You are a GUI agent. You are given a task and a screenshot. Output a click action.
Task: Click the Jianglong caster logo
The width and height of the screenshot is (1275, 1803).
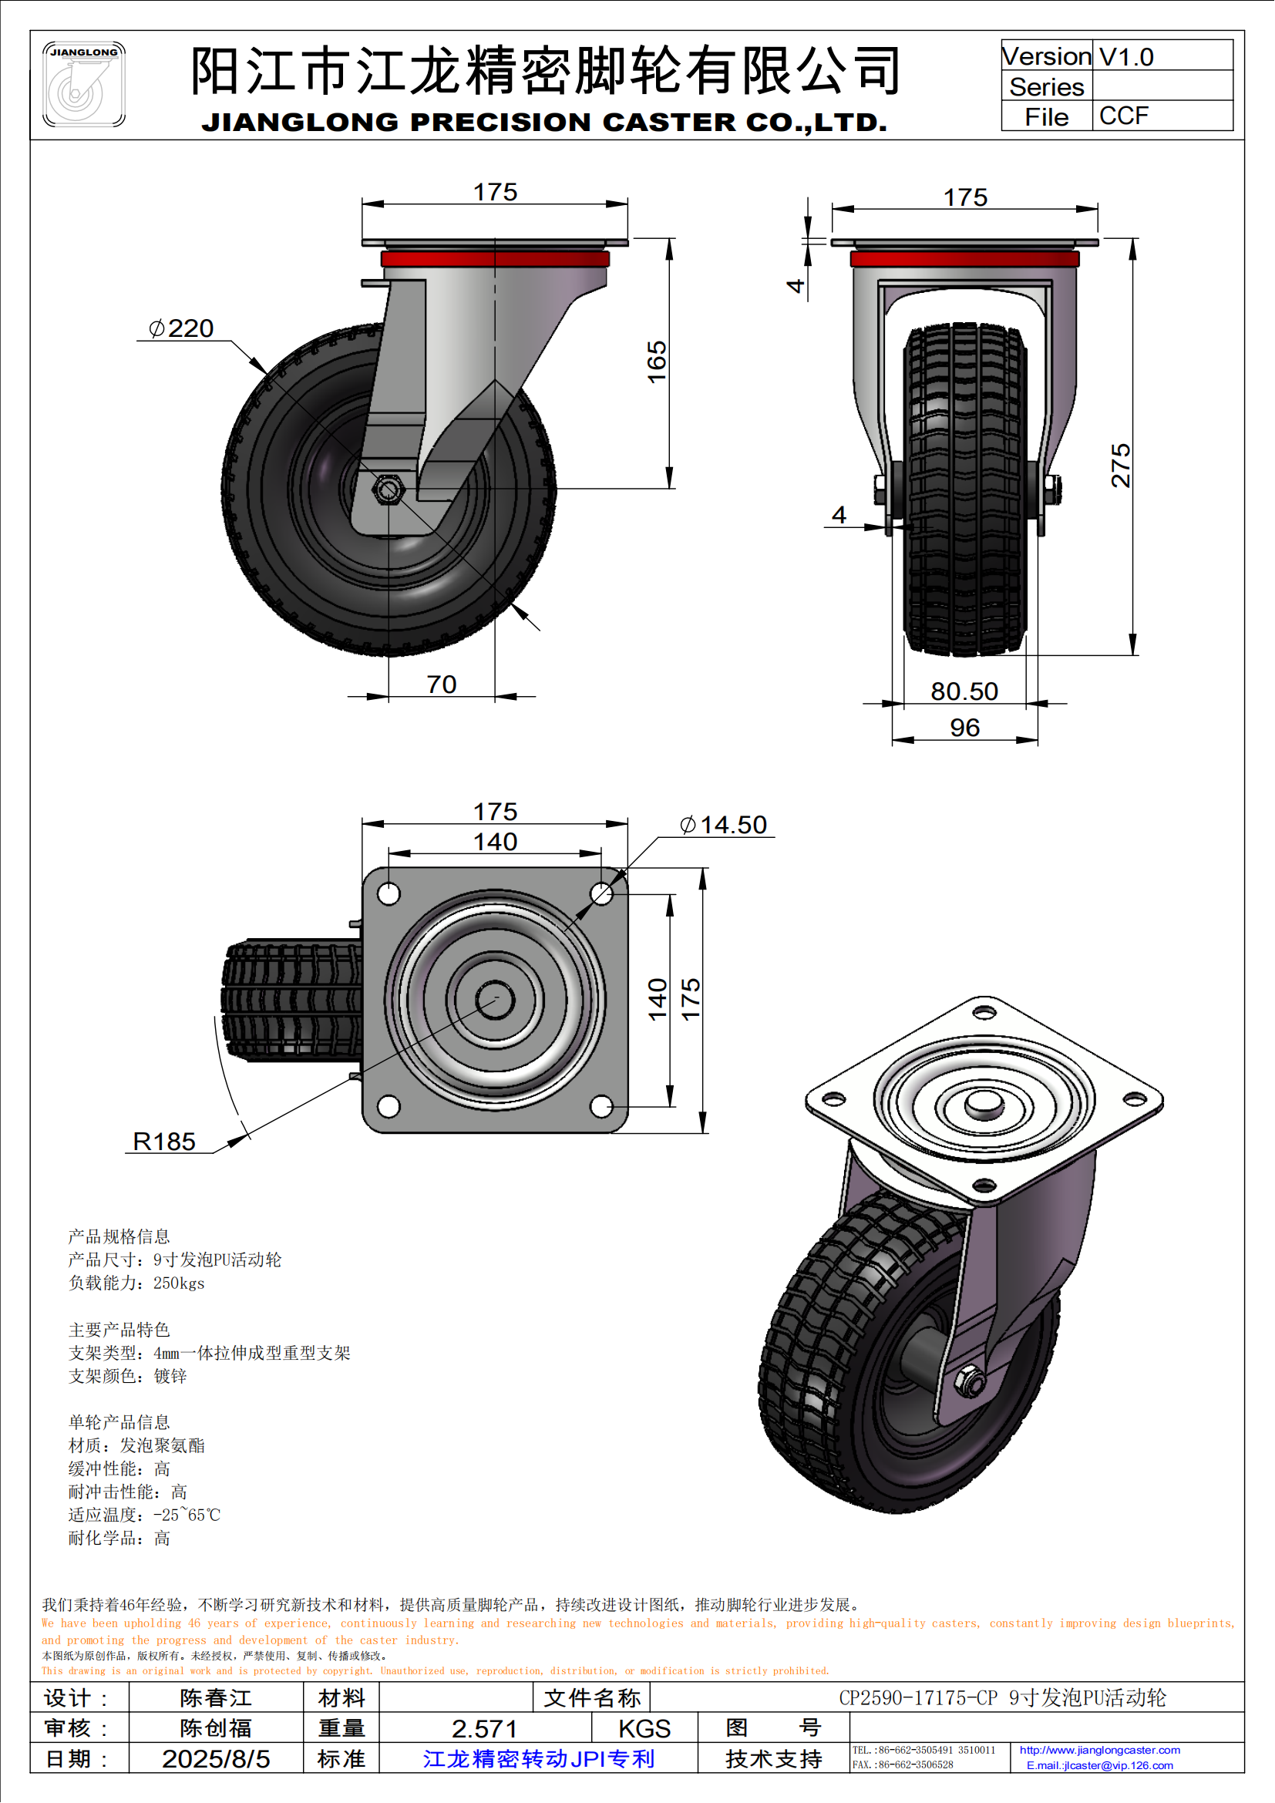point(83,85)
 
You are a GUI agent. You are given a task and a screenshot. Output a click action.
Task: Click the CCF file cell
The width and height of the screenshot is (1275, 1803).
point(1123,116)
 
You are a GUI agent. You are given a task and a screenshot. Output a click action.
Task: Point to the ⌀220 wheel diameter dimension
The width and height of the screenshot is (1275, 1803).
point(181,328)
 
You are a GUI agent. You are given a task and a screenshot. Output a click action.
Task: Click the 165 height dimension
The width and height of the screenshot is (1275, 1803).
point(656,362)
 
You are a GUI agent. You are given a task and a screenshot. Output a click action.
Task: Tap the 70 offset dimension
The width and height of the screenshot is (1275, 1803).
point(441,685)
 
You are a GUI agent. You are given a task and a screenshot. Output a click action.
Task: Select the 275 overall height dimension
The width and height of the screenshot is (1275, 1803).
point(1120,466)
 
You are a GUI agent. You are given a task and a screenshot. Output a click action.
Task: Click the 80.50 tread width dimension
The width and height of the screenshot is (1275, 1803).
point(964,691)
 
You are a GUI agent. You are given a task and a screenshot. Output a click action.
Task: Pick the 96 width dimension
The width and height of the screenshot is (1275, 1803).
point(964,728)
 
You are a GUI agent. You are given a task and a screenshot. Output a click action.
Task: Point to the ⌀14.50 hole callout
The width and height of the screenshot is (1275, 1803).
point(723,825)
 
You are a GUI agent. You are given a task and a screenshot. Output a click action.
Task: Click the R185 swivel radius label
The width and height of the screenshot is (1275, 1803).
point(164,1141)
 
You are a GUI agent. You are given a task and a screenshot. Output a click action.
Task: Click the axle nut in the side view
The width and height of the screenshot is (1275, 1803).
point(387,490)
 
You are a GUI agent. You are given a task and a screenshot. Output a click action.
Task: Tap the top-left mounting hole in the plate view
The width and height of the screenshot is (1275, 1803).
point(389,893)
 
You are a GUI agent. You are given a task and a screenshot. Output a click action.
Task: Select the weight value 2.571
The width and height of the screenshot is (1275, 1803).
point(484,1728)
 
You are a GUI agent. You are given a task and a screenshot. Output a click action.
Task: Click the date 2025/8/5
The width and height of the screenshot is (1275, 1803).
point(216,1759)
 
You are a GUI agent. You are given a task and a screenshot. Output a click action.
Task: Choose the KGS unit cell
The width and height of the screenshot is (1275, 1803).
point(644,1728)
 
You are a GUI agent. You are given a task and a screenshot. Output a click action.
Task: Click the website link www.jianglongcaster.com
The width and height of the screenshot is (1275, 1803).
point(1099,1750)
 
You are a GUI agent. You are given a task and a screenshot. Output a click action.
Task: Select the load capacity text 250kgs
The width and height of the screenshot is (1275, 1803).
point(179,1283)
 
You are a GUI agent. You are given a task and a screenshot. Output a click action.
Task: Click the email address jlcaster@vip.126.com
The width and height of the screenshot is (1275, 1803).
point(1099,1765)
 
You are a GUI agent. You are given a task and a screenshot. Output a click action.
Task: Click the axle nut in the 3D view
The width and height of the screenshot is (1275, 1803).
point(971,1380)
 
